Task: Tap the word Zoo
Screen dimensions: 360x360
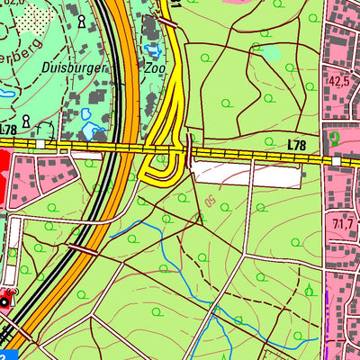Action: tap(156, 67)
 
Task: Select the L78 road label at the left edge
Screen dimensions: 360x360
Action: tap(8, 130)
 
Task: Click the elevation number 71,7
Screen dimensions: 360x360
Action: tap(341, 222)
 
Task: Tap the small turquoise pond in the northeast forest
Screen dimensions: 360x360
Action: tap(271, 53)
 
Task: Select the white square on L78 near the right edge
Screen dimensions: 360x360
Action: tap(335, 159)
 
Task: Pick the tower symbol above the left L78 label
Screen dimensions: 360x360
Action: tap(26, 120)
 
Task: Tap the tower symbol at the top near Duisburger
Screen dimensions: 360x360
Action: tap(82, 20)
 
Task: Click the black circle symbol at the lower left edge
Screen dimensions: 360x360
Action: tap(5, 301)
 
